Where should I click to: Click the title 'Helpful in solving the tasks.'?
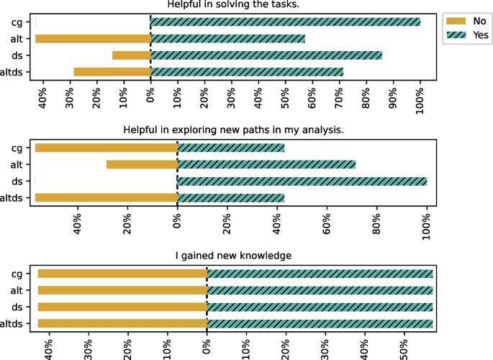pos(233,4)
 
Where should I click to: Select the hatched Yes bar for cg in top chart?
pos(285,22)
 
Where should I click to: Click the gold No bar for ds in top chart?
pos(131,55)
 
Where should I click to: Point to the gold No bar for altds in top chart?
pos(112,71)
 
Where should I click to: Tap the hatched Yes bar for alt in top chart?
pos(227,38)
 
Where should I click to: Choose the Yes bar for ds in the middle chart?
pos(302,181)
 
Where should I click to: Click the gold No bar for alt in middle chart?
pos(142,164)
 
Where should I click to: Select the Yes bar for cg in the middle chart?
pos(230,148)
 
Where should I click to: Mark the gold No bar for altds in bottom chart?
pos(122,323)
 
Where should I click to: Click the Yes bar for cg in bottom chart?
pos(320,274)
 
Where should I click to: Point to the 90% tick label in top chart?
pos(393,95)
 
